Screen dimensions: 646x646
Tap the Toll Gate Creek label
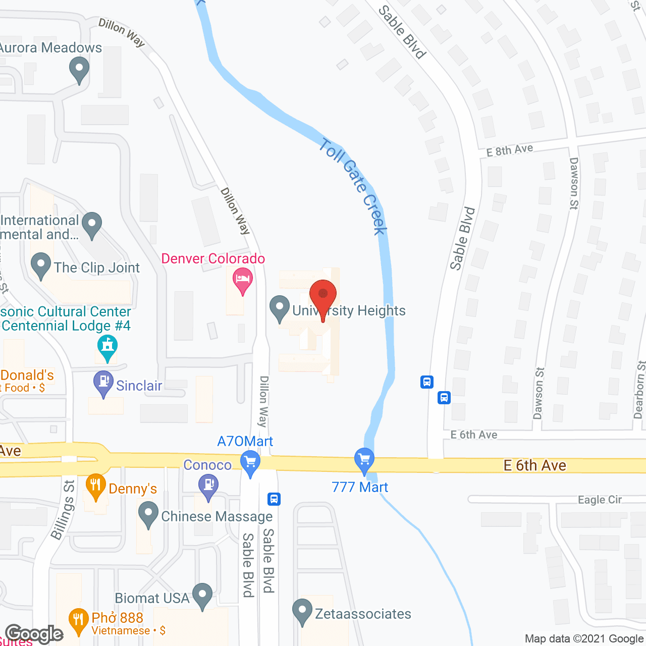pos(353,187)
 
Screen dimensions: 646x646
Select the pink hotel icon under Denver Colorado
pos(242,281)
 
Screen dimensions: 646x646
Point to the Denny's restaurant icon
pos(95,486)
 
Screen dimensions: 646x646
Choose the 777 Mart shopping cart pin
pos(364,460)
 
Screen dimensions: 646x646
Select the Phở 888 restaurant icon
pos(78,620)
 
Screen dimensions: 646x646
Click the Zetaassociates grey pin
pos(302,611)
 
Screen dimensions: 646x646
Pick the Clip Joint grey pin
pos(41,265)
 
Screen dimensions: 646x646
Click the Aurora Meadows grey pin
pos(79,69)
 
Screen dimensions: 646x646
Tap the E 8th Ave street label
pos(510,150)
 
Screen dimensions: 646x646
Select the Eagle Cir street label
pos(600,500)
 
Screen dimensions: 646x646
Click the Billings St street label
pos(63,510)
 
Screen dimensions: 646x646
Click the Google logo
pos(34,634)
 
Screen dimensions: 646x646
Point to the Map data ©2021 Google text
pos(584,639)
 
